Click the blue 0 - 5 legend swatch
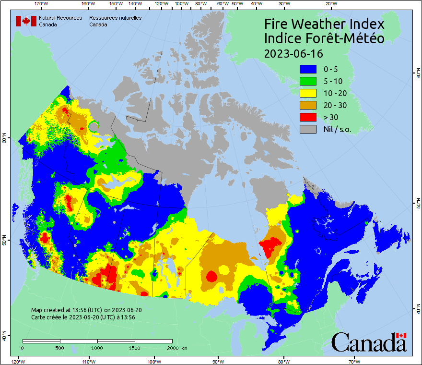[308, 69]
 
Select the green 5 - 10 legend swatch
[308, 81]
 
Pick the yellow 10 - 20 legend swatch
[308, 93]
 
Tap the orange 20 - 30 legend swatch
[308, 105]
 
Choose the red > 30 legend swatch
[308, 117]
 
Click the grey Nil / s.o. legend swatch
[308, 129]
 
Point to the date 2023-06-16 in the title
[293, 53]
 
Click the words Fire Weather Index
[324, 24]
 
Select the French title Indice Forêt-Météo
[324, 38]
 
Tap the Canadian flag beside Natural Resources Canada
[26, 21]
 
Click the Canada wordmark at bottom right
[369, 342]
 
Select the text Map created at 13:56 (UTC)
[86, 310]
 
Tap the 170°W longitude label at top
[42, 4]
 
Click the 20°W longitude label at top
[330, 4]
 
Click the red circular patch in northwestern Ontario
[211, 277]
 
